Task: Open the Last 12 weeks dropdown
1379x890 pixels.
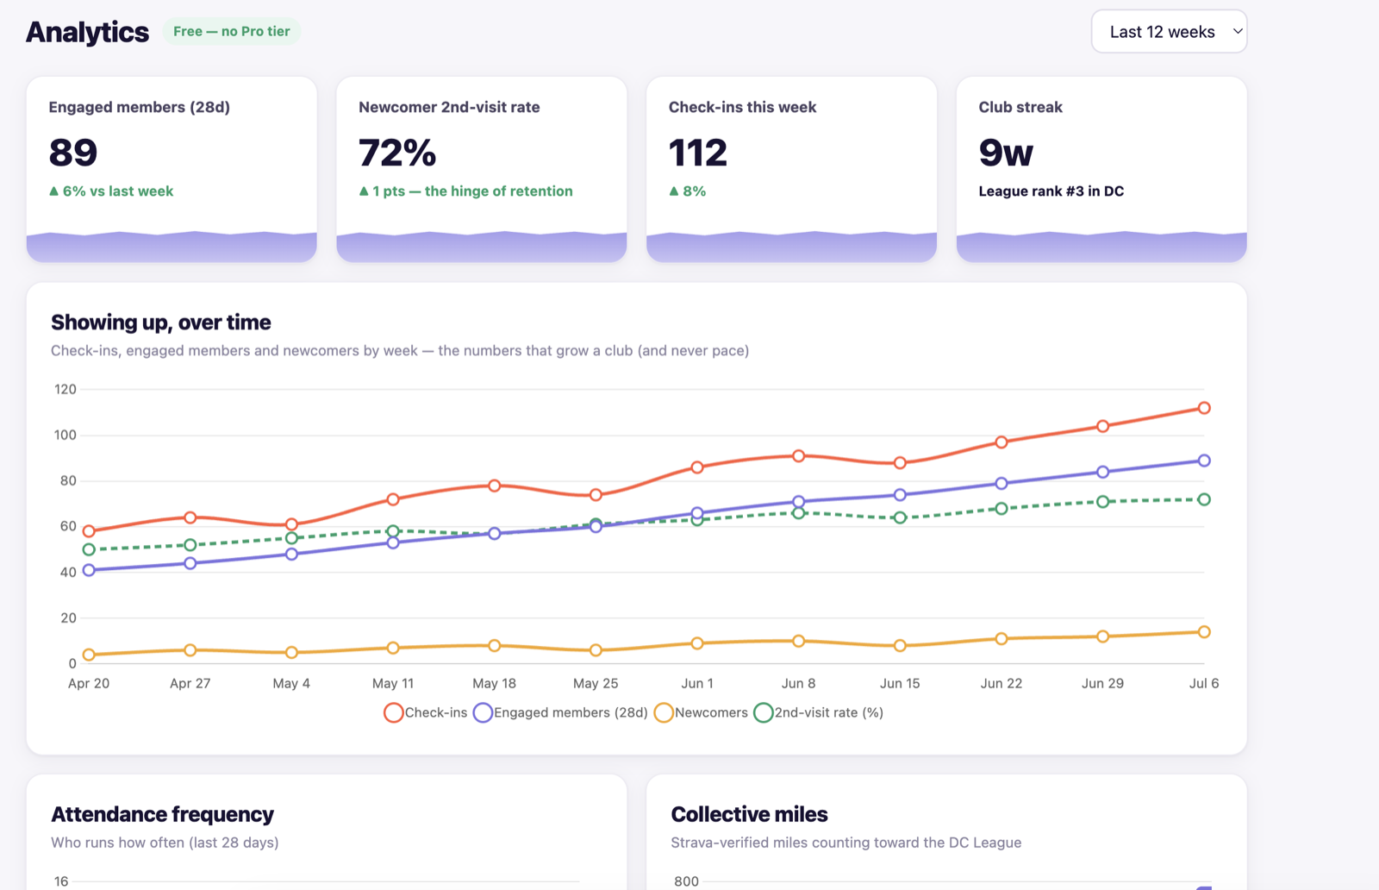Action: [x=1169, y=31]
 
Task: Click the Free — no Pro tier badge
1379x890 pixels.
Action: [x=232, y=31]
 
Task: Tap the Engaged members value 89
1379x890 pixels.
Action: [x=73, y=152]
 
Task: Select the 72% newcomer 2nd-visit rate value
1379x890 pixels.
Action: [x=397, y=152]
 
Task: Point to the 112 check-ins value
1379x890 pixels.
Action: [x=697, y=152]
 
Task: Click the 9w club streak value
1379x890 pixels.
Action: [x=1006, y=152]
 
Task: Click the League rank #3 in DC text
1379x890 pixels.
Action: [x=1051, y=191]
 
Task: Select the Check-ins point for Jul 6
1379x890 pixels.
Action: [x=1204, y=408]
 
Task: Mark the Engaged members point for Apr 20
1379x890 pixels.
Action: [x=89, y=570]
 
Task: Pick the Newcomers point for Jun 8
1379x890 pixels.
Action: [x=798, y=641]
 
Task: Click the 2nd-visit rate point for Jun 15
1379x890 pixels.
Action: [x=900, y=517]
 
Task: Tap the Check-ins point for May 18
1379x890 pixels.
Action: [x=495, y=486]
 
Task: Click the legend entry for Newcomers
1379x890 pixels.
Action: [x=701, y=712]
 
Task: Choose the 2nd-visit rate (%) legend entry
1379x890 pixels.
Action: [x=819, y=712]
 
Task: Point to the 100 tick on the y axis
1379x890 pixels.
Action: [x=66, y=435]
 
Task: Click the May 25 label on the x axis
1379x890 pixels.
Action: [x=596, y=683]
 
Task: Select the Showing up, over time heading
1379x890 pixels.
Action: [x=160, y=323]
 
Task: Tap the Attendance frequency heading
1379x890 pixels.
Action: [x=163, y=814]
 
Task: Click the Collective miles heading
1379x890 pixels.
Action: [x=749, y=814]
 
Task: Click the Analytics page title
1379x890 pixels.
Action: [x=87, y=32]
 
